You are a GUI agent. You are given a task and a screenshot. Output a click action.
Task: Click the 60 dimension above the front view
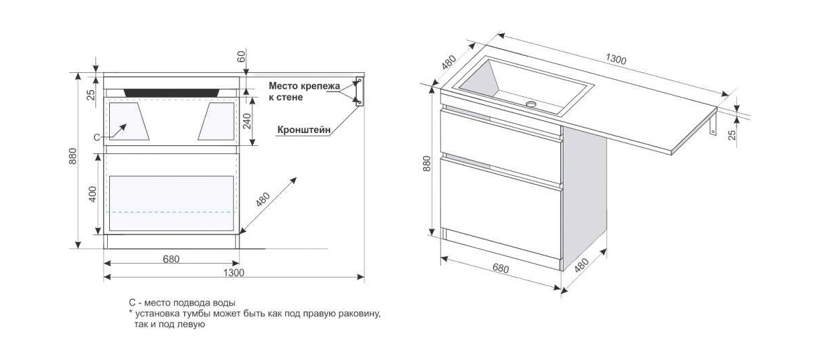point(241,56)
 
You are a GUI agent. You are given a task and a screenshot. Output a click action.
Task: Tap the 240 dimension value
point(247,121)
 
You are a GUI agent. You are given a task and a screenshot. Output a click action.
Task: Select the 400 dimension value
point(93,194)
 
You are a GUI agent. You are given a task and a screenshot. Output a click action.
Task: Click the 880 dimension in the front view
point(73,156)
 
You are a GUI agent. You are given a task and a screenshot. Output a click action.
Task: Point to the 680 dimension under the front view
point(171,259)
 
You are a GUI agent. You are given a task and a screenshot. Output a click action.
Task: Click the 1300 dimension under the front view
point(233,273)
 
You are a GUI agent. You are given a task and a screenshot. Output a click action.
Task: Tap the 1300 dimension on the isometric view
point(616,59)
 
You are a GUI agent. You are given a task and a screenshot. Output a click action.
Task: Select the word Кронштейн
point(304,130)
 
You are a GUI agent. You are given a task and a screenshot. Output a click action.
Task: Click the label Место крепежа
point(304,86)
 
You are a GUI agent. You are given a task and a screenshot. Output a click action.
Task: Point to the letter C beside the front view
point(97,138)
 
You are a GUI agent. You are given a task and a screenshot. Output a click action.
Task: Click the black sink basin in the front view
point(172,93)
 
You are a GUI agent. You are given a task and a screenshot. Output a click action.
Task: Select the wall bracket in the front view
point(360,91)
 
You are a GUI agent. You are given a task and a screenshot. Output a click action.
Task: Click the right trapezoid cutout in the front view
point(216,121)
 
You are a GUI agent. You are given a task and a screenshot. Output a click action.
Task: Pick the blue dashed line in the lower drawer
point(171,212)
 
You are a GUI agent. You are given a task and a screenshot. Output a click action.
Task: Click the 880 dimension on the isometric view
point(426,164)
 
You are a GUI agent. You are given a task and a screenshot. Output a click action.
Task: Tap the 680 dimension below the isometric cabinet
point(500,269)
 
